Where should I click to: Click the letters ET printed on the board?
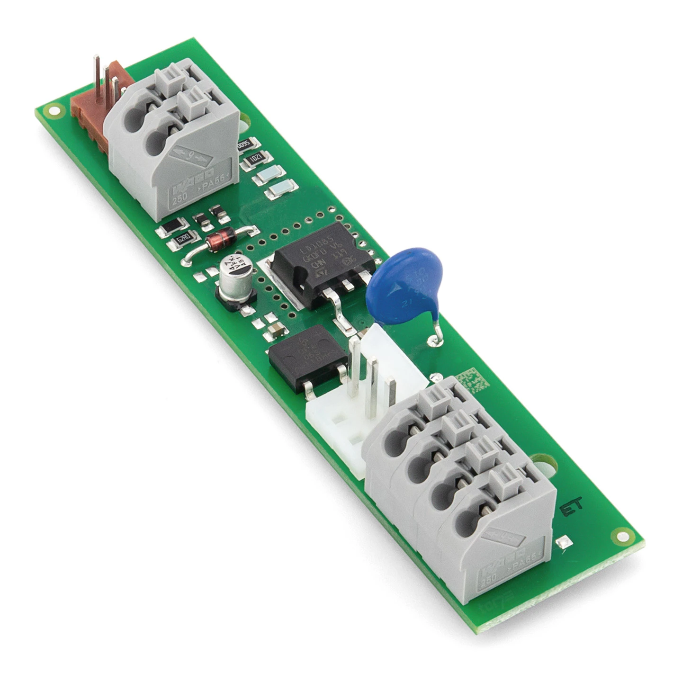570,509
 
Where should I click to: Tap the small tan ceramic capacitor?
274,330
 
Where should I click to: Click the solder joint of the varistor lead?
433,339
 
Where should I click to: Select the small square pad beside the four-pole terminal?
564,543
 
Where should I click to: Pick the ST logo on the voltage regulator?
319,273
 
